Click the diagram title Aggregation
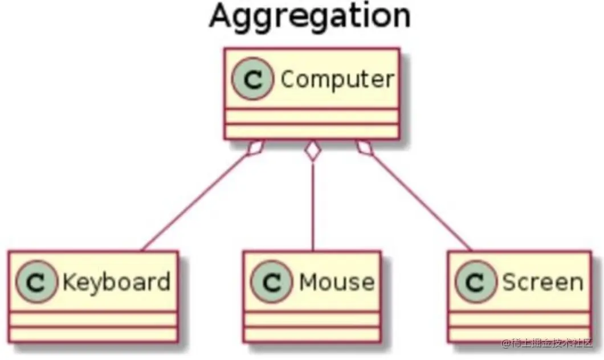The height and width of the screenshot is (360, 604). click(309, 15)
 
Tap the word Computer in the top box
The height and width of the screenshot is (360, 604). click(337, 79)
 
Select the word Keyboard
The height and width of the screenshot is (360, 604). click(117, 282)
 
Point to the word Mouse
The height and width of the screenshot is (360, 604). click(337, 282)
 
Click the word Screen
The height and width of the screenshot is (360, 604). click(542, 282)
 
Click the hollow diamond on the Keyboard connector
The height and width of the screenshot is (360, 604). click(256, 149)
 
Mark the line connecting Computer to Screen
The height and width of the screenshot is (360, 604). click(419, 202)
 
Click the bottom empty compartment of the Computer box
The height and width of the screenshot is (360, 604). click(311, 131)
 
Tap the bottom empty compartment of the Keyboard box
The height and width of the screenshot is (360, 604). click(93, 334)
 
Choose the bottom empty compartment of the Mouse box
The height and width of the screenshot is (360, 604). click(311, 334)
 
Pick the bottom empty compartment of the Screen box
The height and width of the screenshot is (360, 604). click(519, 334)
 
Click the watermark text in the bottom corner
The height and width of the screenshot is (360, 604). click(548, 343)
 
